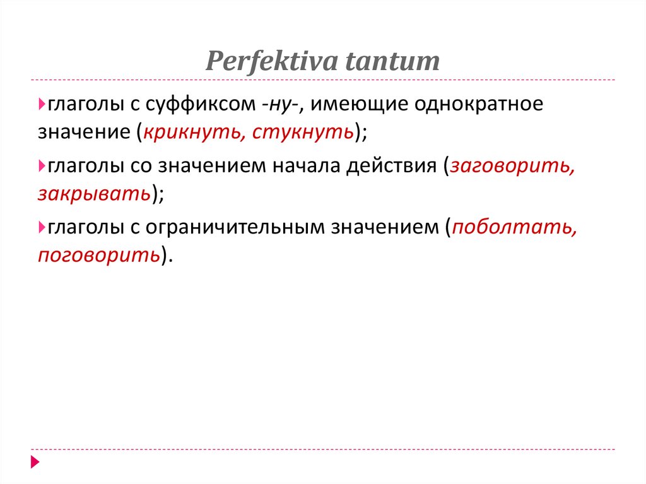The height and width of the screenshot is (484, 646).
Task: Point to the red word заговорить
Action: click(512, 166)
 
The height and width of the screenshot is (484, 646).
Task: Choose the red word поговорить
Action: click(98, 254)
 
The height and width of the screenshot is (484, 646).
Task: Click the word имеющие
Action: click(358, 105)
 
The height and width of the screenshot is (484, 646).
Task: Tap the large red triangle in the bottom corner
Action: click(35, 463)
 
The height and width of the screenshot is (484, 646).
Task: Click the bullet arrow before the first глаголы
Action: click(41, 103)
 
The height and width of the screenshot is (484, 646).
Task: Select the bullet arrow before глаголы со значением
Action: click(41, 165)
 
